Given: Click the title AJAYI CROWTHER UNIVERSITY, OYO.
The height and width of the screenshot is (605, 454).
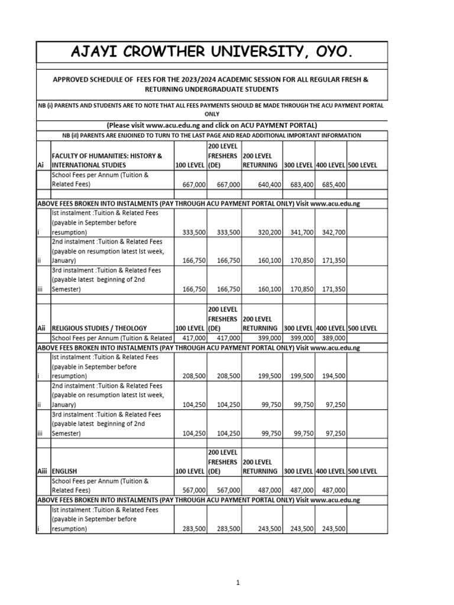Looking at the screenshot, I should click(x=212, y=54).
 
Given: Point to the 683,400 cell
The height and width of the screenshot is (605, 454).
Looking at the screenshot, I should click(x=300, y=185).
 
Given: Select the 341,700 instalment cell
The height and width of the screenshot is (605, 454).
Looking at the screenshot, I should click(x=300, y=233).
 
